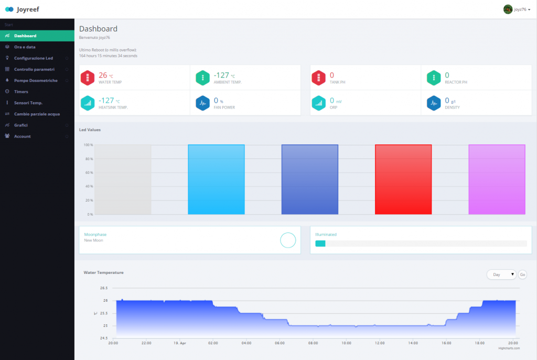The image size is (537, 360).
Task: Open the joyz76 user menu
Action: click(517, 9)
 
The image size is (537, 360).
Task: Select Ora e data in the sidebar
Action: click(25, 47)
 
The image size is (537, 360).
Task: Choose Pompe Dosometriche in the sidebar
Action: click(36, 80)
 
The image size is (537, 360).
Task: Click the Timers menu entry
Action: click(21, 91)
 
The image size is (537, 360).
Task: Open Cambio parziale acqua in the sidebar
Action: click(37, 114)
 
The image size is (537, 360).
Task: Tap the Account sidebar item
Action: click(22, 136)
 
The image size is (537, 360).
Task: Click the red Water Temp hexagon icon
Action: click(88, 78)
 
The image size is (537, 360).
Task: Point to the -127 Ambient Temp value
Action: click(222, 75)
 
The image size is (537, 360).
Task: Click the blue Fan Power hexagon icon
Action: click(203, 103)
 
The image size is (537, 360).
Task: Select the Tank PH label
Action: click(338, 82)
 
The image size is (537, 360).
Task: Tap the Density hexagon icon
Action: click(433, 103)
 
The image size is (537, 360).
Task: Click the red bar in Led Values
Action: click(403, 179)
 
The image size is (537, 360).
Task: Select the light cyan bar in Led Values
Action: click(216, 179)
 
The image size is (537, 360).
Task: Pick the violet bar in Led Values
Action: click(497, 179)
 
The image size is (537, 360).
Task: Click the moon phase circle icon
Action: click(288, 240)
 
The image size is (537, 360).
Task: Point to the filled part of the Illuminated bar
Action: click(320, 243)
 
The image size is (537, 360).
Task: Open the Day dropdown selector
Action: click(501, 274)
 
